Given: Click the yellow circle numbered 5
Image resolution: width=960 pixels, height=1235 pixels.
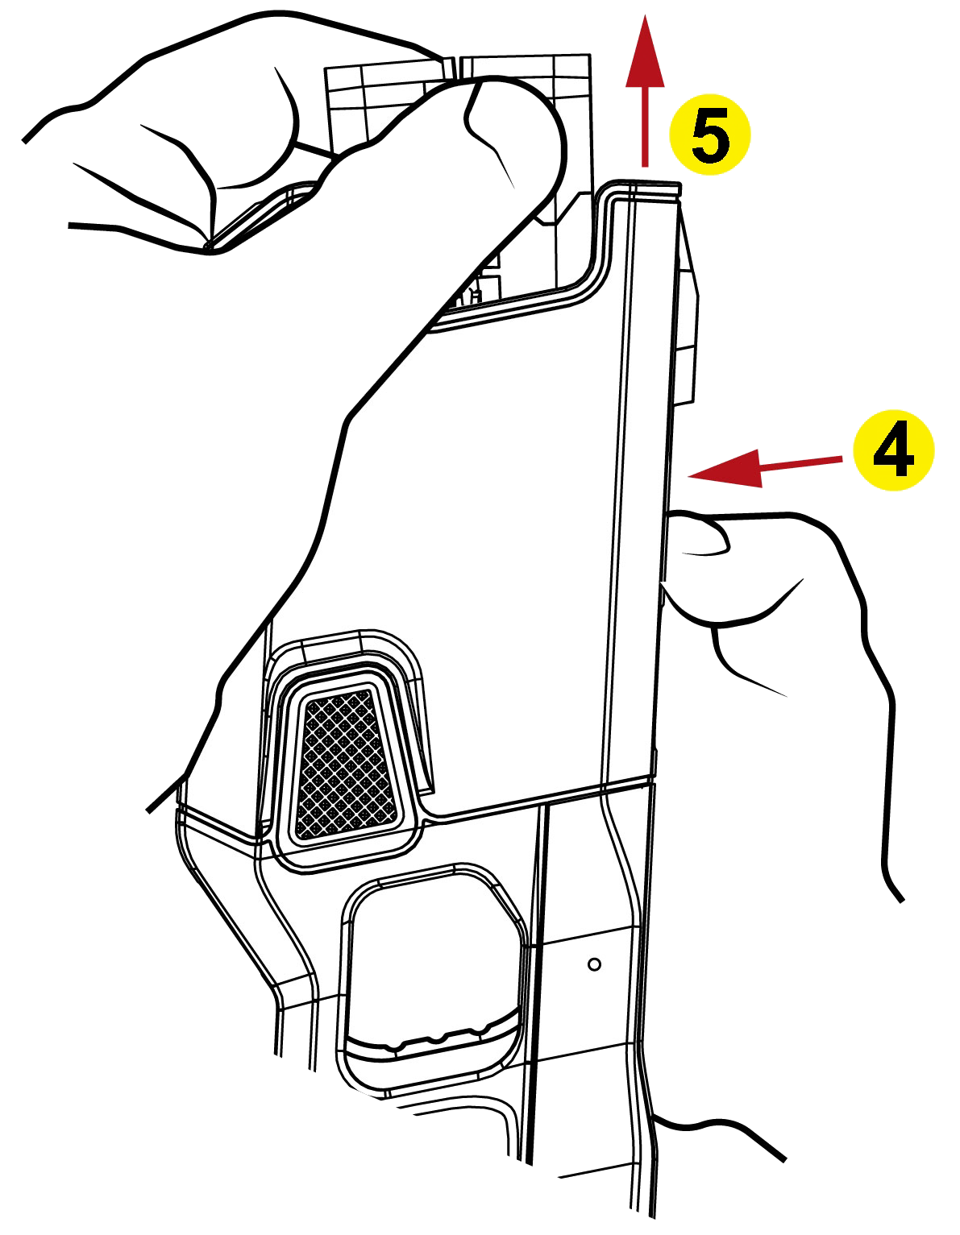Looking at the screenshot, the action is [710, 135].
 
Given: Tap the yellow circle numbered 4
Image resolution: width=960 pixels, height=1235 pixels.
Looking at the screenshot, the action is [893, 450].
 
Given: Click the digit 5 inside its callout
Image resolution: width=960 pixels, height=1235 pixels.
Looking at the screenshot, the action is [710, 135].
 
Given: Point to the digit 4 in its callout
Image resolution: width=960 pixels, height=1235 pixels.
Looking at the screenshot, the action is [893, 450].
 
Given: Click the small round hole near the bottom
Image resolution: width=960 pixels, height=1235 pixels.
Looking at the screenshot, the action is [594, 965].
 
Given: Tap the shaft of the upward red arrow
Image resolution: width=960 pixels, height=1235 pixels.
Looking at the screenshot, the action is [645, 126].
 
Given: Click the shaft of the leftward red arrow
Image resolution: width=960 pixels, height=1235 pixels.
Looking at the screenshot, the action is [801, 463].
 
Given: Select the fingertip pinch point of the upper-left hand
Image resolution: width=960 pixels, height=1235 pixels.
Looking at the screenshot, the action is [208, 247].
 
